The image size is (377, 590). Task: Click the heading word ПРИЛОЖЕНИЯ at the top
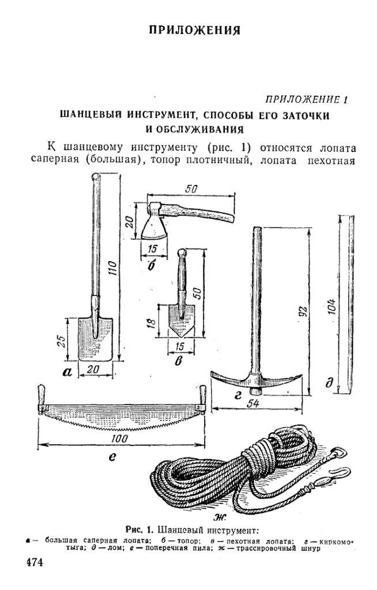(x=194, y=31)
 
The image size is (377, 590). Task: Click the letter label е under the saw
(x=113, y=457)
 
